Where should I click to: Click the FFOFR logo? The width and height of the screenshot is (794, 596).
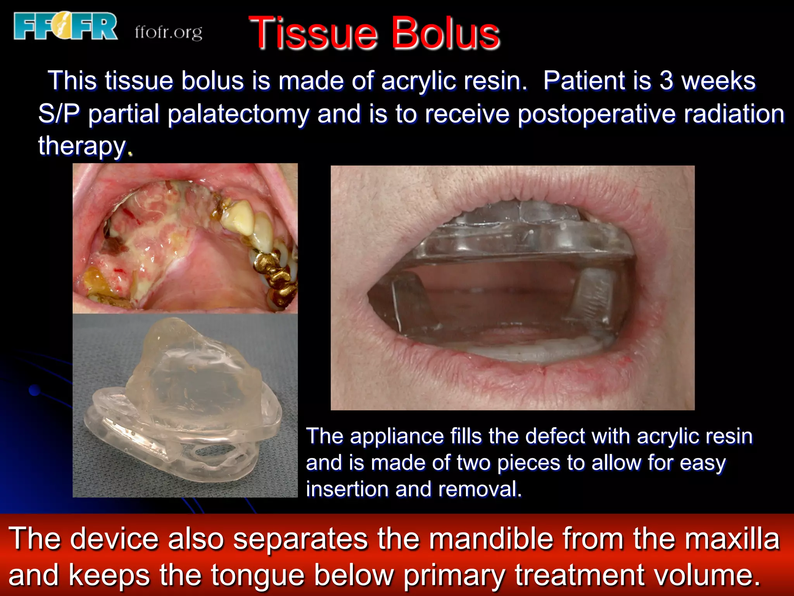click(65, 26)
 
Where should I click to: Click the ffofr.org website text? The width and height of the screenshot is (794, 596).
click(168, 33)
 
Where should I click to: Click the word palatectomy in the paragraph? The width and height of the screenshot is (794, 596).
click(238, 114)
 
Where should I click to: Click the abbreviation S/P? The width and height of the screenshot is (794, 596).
click(59, 114)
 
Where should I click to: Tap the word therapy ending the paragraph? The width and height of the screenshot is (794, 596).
click(82, 146)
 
